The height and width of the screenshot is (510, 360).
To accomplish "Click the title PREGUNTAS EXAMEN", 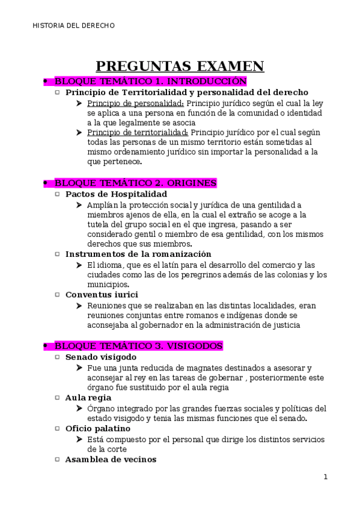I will point(180,66).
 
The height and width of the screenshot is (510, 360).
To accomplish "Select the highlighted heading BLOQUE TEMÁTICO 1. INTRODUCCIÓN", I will point(150,81).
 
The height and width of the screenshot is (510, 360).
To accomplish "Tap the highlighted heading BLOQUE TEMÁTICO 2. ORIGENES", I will point(135,183).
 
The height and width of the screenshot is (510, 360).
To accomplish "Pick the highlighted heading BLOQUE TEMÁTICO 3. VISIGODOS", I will point(138,346).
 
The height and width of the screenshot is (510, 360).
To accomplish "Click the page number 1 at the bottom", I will point(325,478).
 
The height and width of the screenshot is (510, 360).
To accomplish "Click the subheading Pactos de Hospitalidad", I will point(116,194).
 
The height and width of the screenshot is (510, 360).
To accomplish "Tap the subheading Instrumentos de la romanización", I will point(138,254).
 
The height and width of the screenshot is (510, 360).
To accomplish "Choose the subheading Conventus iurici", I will point(102,295).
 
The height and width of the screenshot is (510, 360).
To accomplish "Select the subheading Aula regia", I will point(88,398).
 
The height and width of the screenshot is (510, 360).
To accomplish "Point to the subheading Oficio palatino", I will point(97,428).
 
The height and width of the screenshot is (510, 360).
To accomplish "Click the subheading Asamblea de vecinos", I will point(111,459).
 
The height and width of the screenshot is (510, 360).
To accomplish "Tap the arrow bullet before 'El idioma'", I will point(80,265).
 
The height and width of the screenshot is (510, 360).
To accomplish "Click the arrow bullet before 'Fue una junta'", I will point(80,367).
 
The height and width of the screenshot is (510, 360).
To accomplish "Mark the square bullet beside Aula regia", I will point(57,398).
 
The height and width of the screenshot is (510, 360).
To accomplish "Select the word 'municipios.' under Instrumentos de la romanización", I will point(108,284).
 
